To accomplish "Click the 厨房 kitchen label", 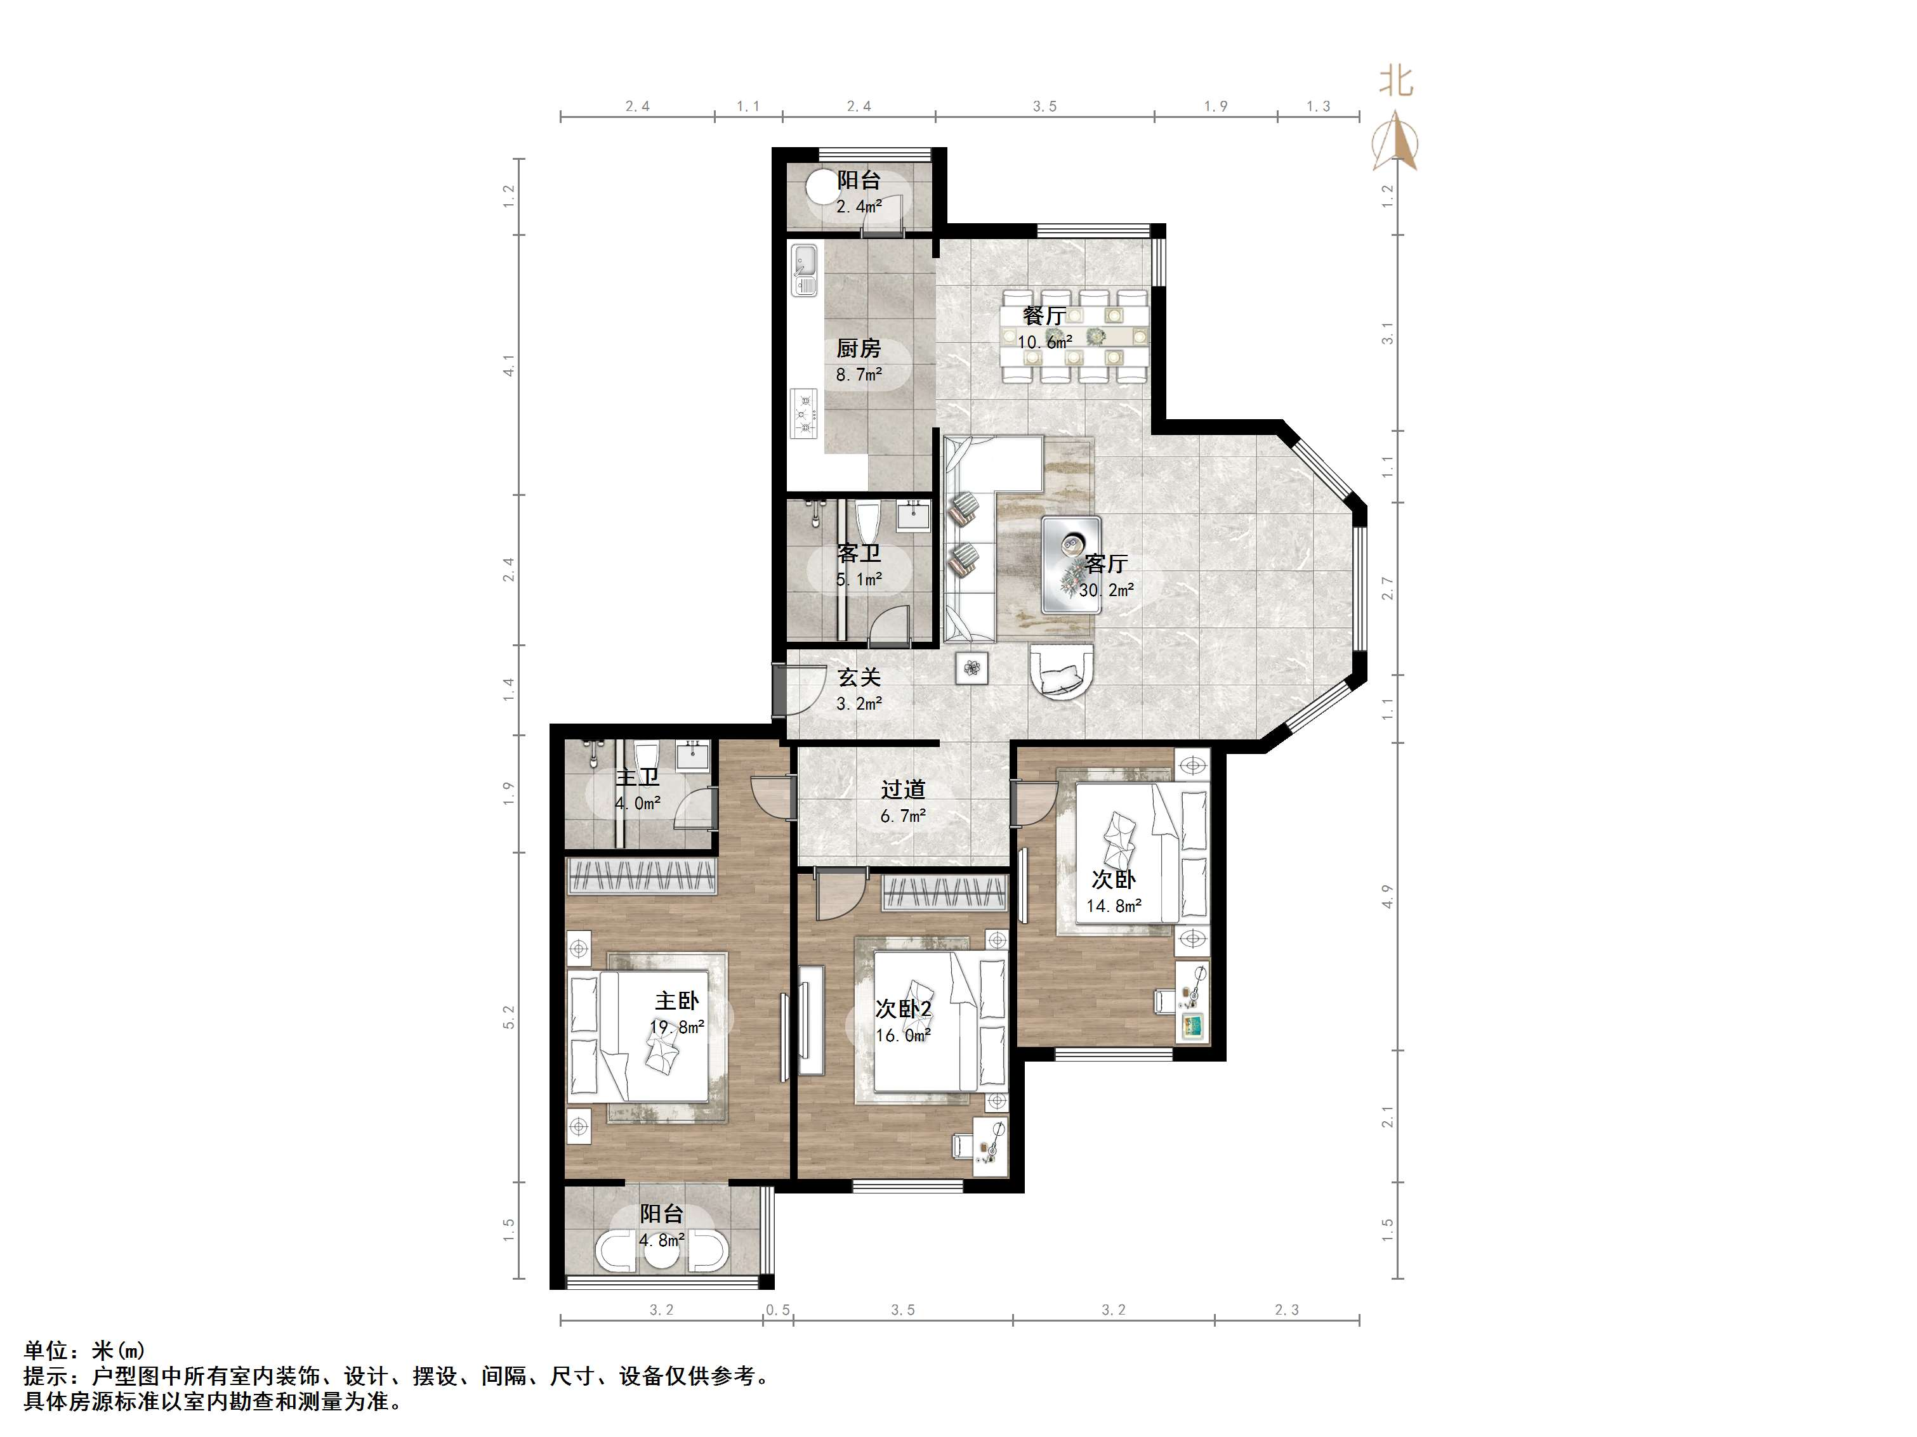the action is (858, 348).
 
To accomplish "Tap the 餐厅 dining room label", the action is (1044, 316).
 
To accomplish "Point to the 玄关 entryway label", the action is (859, 677).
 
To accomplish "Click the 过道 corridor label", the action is (903, 789).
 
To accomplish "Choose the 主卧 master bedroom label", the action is (676, 1001).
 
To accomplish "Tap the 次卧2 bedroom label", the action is (903, 1009).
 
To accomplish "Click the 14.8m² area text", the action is (1114, 906).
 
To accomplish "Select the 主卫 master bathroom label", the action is (637, 777).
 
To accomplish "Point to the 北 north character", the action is (1396, 82).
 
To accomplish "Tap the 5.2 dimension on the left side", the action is (509, 1017).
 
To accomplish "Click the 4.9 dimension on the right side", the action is (1388, 897).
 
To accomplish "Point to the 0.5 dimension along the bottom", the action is (777, 1310).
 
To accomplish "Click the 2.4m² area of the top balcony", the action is (859, 206).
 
